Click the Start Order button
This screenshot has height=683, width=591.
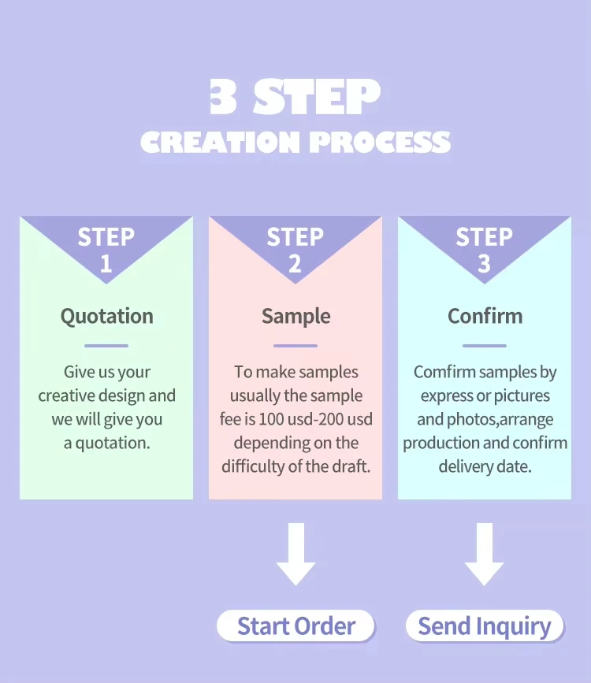[x=295, y=625]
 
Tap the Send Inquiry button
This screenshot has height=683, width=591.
[x=484, y=625]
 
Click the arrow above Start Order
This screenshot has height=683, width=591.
[x=296, y=554]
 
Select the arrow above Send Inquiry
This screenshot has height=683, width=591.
[x=484, y=554]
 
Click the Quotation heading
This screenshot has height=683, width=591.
[x=107, y=317]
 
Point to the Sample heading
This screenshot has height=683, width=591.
[x=296, y=317]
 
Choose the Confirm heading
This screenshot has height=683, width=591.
[x=485, y=316]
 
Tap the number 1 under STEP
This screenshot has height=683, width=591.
[x=106, y=264]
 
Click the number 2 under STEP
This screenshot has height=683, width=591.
[x=295, y=264]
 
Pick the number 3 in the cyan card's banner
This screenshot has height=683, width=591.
[x=484, y=264]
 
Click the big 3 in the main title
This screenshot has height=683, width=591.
[x=223, y=96]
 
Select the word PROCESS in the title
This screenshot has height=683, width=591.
[x=380, y=142]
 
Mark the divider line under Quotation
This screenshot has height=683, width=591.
[x=106, y=346]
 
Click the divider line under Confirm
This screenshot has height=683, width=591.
[x=485, y=346]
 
